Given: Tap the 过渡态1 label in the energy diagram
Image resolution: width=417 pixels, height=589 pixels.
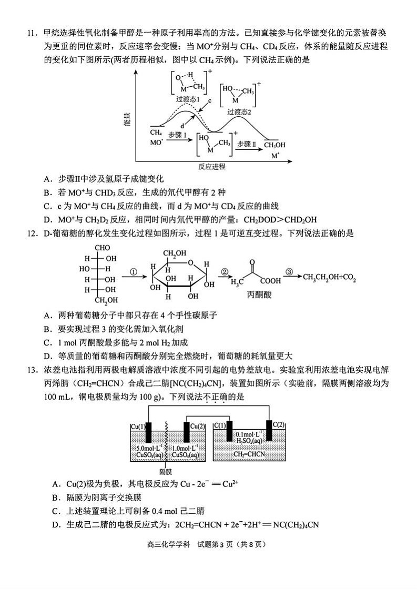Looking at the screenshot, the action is (187, 99).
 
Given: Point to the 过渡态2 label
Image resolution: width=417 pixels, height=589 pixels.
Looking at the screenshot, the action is (239, 112).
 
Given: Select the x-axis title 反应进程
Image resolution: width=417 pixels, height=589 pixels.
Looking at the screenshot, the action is (212, 166).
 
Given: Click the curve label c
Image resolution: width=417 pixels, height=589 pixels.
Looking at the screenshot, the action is (210, 100).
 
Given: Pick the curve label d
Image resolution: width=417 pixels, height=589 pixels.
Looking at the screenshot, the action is (182, 126).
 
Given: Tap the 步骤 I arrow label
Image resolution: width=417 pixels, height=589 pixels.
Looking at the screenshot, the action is (177, 135).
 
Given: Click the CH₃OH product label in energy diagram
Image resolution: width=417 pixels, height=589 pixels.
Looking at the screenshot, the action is (274, 145).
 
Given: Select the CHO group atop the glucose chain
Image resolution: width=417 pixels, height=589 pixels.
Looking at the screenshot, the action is (102, 248).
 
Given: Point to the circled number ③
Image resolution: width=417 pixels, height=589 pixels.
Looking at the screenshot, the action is (289, 271).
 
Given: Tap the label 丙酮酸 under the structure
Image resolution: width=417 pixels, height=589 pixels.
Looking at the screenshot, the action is (259, 295).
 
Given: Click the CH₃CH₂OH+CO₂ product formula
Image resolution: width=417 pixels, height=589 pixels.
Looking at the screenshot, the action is (329, 278).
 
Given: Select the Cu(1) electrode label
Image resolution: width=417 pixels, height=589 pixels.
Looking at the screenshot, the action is (138, 426).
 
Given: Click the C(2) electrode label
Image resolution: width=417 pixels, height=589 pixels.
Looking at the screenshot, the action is (278, 424).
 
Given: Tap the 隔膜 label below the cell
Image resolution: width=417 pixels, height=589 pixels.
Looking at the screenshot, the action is (165, 471).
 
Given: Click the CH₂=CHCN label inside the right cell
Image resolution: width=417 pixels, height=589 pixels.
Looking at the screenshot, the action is (249, 454).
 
